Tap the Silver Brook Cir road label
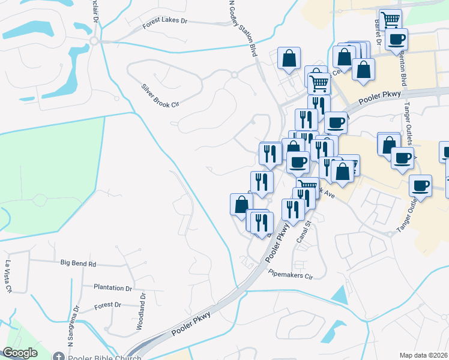(160, 95)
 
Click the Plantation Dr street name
(112, 288)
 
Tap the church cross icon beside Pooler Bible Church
(59, 356)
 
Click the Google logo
(20, 353)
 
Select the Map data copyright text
(423, 355)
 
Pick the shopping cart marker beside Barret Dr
(390, 19)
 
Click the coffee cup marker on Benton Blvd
(397, 40)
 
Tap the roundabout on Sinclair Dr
(94, 41)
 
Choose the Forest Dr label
(108, 305)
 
